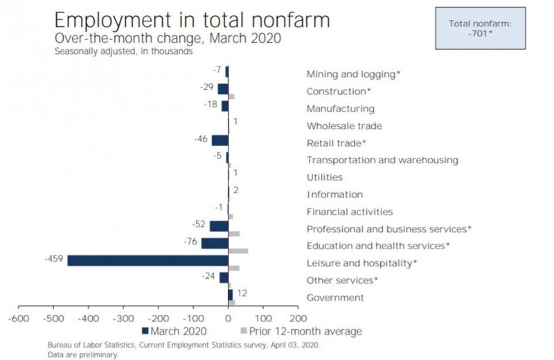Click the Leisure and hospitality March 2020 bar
(148, 260)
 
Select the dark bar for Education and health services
(215, 243)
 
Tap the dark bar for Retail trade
(220, 141)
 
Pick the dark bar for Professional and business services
(219, 226)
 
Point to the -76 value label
(190, 242)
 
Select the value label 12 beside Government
(242, 294)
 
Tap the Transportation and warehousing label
(382, 160)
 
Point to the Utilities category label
(324, 177)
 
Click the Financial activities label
(349, 212)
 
